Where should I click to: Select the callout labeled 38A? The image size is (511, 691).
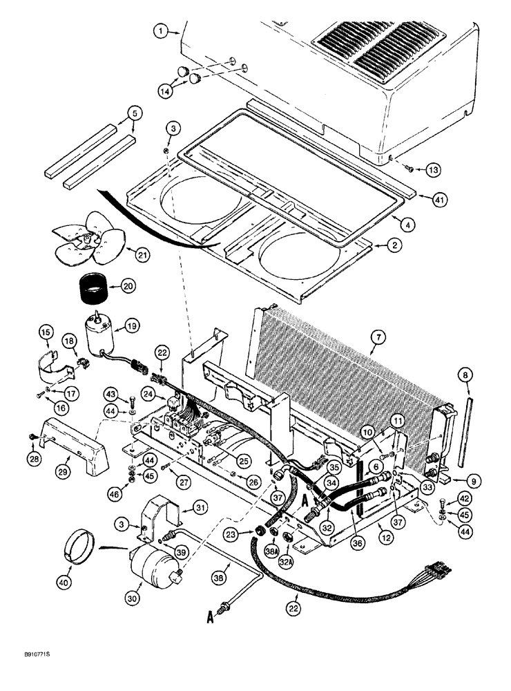(x=270, y=551)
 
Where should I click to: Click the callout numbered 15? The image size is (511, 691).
(x=45, y=334)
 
